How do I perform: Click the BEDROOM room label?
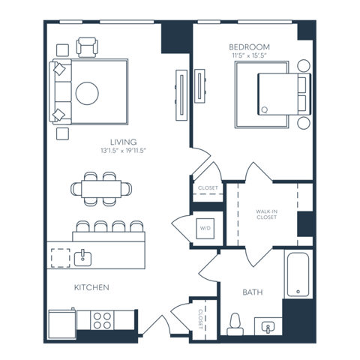249,47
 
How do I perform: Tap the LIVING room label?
124,142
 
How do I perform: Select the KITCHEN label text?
91,287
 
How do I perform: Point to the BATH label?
253,292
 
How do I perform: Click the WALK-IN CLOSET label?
266,214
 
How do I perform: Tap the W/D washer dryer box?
205,229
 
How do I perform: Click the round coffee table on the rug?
87,93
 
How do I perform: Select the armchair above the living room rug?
87,47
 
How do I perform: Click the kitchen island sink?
82,258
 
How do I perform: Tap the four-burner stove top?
102,320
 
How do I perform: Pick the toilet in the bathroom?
235,324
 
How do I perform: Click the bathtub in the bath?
298,274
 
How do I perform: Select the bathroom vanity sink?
268,326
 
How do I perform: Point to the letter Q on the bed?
264,109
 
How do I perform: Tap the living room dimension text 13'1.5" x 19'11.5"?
124,151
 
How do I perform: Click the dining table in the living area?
101,189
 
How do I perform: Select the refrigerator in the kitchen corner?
62,324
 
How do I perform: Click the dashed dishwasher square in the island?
61,258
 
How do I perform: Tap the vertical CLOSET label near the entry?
200,319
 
